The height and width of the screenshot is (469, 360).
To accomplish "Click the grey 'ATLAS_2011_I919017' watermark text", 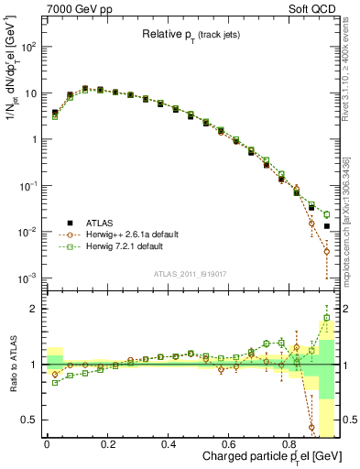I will [190, 272].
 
